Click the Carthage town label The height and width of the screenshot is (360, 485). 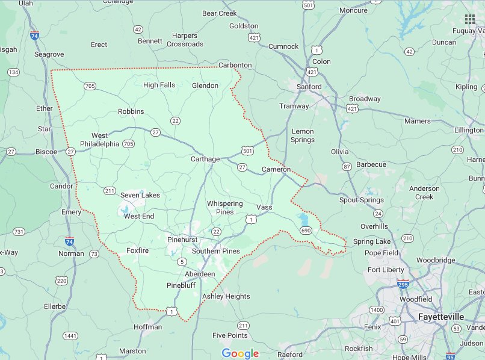click(x=205, y=159)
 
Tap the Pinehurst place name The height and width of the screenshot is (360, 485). click(x=182, y=239)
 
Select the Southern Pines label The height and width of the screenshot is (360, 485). click(x=215, y=251)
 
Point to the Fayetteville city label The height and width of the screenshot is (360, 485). click(x=441, y=316)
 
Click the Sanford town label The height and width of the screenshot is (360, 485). click(x=309, y=87)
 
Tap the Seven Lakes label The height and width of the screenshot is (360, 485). click(x=140, y=195)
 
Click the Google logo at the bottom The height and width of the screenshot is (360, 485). click(x=240, y=353)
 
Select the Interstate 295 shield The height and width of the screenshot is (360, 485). click(x=403, y=283)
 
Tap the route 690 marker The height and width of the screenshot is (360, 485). click(x=306, y=231)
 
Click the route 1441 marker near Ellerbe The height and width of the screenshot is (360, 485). click(x=70, y=335)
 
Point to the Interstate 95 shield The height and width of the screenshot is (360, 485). click(x=451, y=355)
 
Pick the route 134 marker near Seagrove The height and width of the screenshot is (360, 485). click(x=13, y=72)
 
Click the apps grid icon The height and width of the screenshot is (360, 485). click(x=470, y=19)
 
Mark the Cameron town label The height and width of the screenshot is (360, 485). click(x=276, y=170)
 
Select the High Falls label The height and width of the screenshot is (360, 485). click(x=159, y=85)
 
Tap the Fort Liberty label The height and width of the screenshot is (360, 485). click(x=385, y=270)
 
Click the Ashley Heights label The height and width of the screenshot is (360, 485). click(x=226, y=296)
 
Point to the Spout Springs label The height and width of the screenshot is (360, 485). click(x=361, y=200)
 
